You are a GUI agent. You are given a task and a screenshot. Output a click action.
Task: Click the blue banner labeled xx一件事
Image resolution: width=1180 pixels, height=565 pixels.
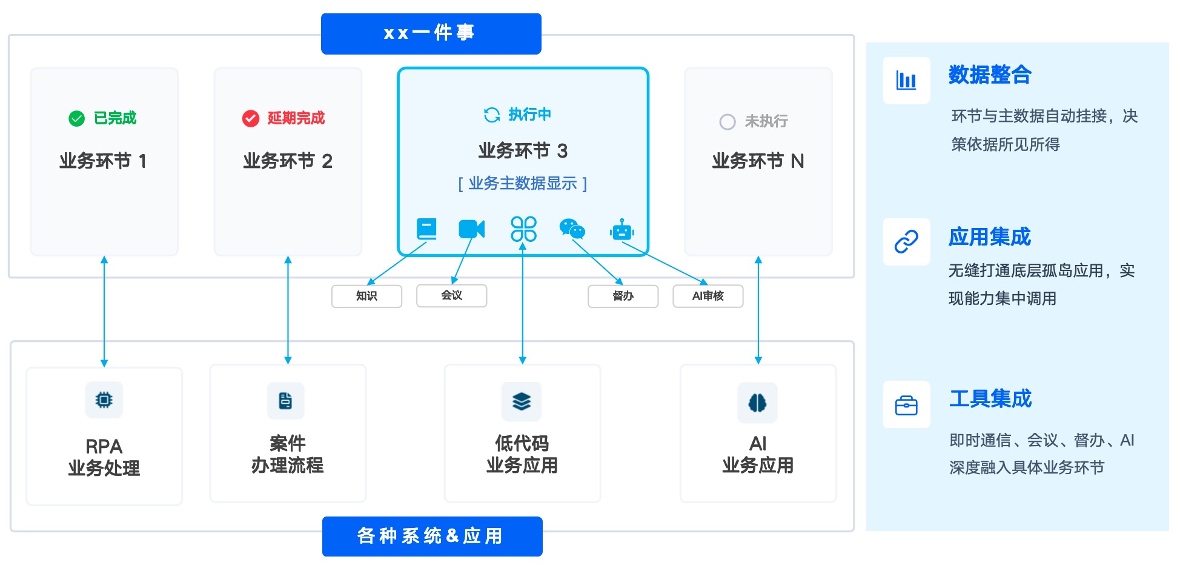[x=431, y=34]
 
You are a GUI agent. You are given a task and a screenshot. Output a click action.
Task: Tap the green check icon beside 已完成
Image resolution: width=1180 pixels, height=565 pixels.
[x=77, y=118]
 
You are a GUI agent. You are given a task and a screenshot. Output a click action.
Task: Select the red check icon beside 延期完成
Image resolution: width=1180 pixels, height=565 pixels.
[x=250, y=118]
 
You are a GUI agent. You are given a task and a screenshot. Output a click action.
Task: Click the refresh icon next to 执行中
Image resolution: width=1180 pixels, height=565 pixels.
[x=492, y=115]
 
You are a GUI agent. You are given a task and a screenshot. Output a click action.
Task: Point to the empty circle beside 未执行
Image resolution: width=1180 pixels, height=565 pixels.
[x=727, y=122]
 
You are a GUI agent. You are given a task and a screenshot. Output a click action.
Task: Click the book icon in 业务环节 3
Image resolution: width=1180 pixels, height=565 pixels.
[x=426, y=229]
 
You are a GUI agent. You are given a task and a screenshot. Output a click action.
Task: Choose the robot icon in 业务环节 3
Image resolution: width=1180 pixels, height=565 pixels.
[x=622, y=230]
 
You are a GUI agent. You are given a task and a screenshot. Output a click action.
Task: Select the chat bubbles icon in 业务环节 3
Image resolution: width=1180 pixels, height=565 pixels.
[x=572, y=229]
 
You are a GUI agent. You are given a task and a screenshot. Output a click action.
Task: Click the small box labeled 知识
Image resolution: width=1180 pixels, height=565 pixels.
[x=366, y=296]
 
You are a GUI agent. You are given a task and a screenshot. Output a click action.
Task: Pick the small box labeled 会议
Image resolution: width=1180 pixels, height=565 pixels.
[x=451, y=295]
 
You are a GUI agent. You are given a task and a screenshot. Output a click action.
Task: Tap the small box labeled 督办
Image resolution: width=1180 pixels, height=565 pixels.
[x=623, y=296]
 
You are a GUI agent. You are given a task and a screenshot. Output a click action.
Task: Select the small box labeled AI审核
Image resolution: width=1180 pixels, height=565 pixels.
[x=708, y=296]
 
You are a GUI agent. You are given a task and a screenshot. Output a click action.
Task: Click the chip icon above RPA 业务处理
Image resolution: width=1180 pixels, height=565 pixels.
[x=104, y=400]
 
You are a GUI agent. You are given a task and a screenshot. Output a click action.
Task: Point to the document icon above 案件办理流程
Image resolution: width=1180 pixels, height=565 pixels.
[x=285, y=401]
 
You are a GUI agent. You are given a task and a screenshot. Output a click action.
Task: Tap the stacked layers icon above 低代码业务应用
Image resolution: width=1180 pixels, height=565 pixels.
[x=522, y=401]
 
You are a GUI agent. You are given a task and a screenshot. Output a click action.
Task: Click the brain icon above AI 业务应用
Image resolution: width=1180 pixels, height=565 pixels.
[x=757, y=403]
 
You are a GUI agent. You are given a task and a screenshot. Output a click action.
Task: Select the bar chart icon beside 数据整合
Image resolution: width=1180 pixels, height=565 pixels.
[x=906, y=81]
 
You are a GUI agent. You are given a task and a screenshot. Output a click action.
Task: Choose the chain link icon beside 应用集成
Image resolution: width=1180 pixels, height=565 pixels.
[x=906, y=242]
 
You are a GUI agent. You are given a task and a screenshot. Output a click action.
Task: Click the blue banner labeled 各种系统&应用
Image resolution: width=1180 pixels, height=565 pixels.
[x=432, y=536]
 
